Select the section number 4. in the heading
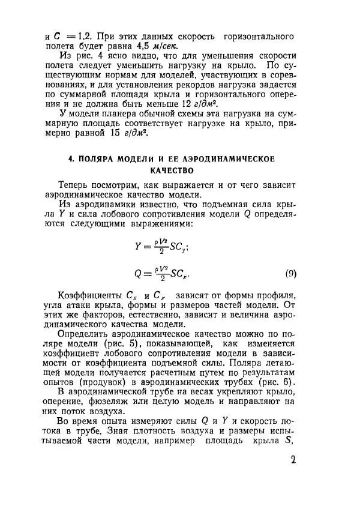72,159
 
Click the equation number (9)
290,274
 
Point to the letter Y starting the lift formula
139,245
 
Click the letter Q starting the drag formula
139,274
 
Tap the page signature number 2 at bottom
293,461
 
